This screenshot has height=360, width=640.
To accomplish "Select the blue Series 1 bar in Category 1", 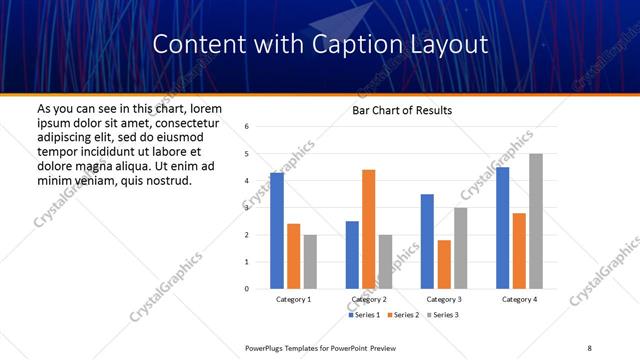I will (277, 230).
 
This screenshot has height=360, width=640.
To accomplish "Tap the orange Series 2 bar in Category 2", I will (368, 229).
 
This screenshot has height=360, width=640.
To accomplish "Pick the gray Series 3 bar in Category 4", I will (536, 221).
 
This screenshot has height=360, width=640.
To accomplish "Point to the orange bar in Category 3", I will (444, 264).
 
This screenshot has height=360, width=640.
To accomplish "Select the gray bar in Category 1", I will (310, 261).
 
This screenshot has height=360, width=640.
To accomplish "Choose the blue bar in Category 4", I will (502, 228).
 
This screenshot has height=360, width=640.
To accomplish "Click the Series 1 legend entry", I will (365, 315).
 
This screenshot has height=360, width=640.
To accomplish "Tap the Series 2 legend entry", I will (402, 315).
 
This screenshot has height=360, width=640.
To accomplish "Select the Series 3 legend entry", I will (441, 315).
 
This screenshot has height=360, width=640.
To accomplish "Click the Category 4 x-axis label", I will (519, 300).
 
